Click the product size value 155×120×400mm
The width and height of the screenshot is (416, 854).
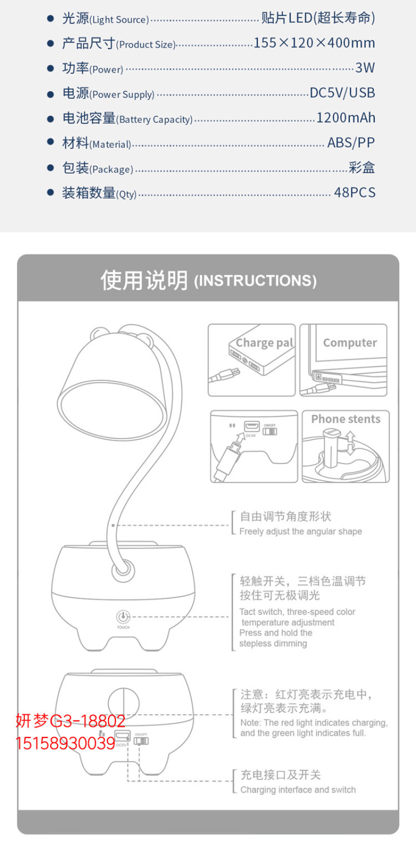click(x=314, y=43)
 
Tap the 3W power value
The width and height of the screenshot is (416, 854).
click(x=365, y=68)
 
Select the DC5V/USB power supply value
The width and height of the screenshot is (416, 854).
click(x=342, y=93)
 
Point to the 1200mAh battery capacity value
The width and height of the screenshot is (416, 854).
click(x=346, y=118)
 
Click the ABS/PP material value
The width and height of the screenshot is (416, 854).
click(x=351, y=142)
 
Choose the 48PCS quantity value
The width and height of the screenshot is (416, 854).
click(x=355, y=192)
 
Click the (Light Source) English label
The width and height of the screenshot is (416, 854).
click(x=119, y=20)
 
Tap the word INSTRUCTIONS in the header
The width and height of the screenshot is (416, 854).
click(x=255, y=281)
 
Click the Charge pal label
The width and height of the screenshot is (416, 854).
click(x=264, y=343)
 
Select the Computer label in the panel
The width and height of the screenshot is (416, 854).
click(x=350, y=343)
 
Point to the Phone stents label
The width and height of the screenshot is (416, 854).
click(x=346, y=419)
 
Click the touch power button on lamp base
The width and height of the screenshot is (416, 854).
click(x=123, y=616)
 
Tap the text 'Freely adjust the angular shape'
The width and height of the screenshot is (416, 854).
click(x=301, y=531)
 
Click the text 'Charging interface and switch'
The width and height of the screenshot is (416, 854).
click(x=298, y=790)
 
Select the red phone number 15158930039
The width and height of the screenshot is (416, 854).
click(x=65, y=744)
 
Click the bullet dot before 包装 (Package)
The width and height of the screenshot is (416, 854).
click(x=50, y=167)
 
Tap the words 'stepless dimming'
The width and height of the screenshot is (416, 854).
click(x=273, y=643)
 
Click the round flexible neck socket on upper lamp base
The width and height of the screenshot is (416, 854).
click(x=123, y=571)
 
